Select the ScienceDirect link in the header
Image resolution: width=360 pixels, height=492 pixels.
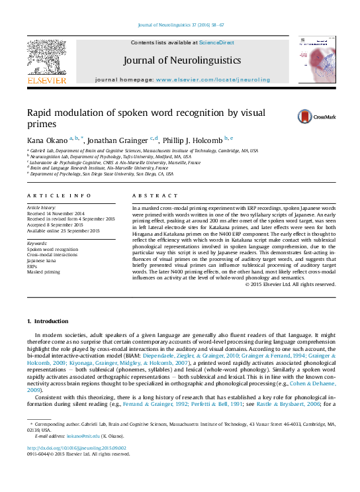pyautogui.click(x=216, y=42)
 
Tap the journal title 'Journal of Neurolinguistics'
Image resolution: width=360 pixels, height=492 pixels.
pyautogui.click(x=180, y=62)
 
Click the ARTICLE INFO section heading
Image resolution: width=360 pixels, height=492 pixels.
pyautogui.click(x=59, y=195)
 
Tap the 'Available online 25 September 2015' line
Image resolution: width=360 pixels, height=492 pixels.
pyautogui.click(x=63, y=230)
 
